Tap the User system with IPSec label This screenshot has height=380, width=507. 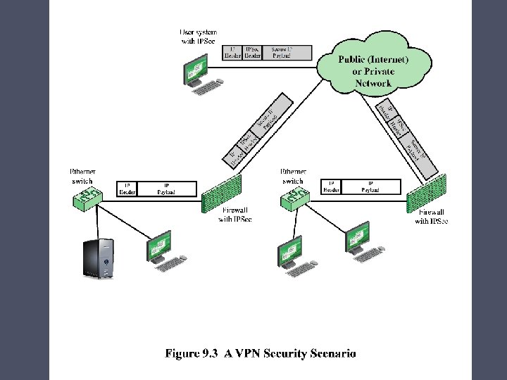199,37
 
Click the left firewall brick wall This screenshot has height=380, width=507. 222,193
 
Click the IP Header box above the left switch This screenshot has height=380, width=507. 127,189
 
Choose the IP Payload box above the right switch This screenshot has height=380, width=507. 370,186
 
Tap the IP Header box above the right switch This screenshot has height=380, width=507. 331,186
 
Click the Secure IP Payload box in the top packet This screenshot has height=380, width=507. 282,53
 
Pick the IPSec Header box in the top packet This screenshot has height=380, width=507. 251,53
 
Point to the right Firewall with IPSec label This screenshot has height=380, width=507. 431,217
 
